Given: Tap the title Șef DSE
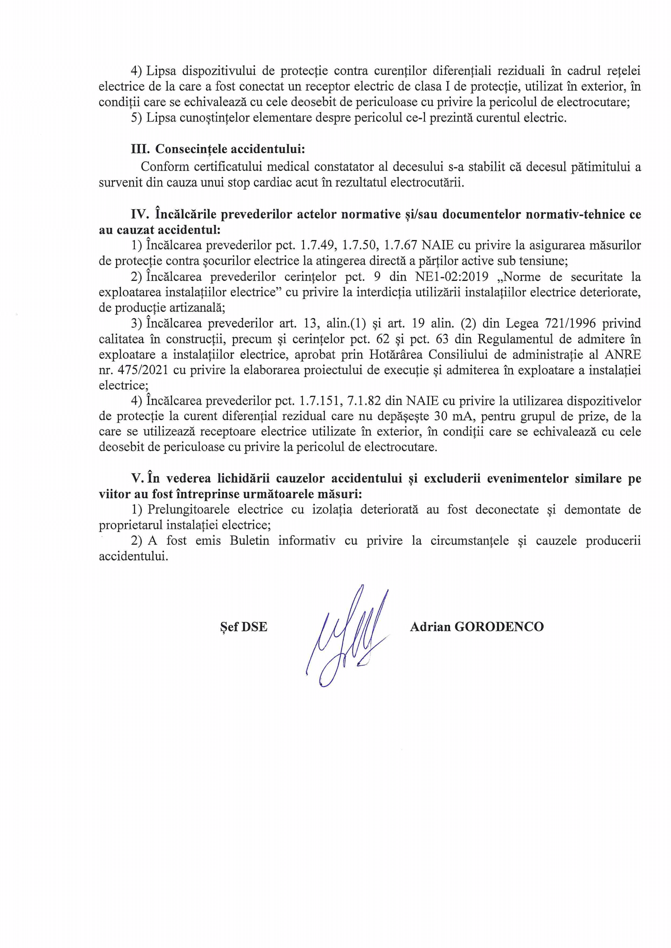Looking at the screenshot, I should pyautogui.click(x=244, y=627).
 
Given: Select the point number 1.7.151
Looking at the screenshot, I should pyautogui.click(x=318, y=401).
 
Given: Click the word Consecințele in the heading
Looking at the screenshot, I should pyautogui.click(x=189, y=149).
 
